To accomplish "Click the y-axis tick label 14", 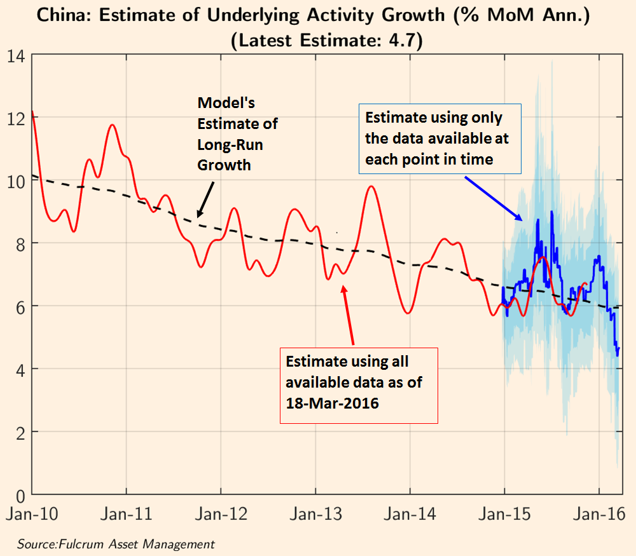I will tap(16, 56).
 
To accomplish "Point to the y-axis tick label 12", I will tap(16, 118).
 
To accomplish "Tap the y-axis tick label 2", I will tap(20, 432).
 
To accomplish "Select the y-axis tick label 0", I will tap(20, 495).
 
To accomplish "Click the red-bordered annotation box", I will tap(359, 385).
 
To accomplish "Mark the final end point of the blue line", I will tap(619, 348).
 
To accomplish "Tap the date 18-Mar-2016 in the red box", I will tap(332, 402).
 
